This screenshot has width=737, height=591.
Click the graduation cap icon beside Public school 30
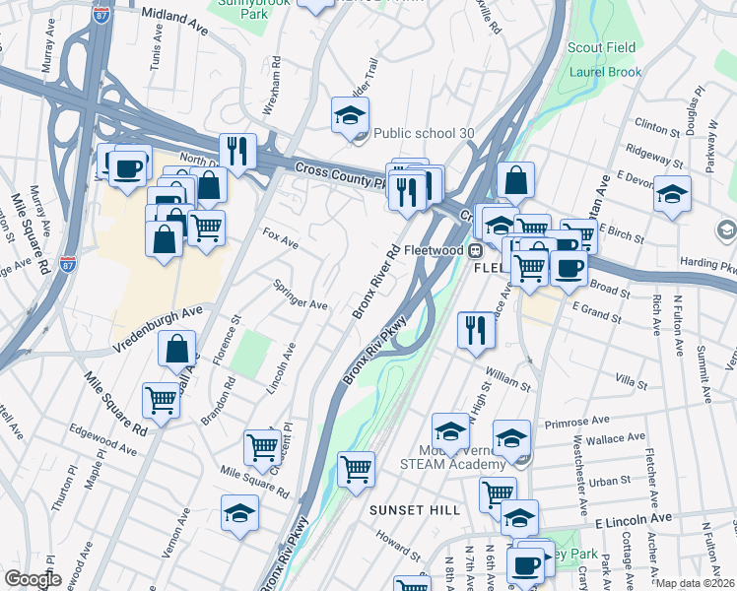pyautogui.click(x=350, y=117)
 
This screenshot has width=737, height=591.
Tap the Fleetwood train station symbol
pyautogui.click(x=474, y=250)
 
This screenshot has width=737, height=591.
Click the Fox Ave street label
pyautogui.click(x=281, y=240)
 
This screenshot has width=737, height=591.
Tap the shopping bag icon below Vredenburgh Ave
pyautogui.click(x=177, y=348)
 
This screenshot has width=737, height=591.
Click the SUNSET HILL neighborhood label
pyautogui.click(x=415, y=509)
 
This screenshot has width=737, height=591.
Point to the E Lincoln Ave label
pyautogui.click(x=632, y=518)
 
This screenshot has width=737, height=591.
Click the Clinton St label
pyautogui.click(x=658, y=126)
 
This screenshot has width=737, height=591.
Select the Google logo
pyautogui.click(x=33, y=579)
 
